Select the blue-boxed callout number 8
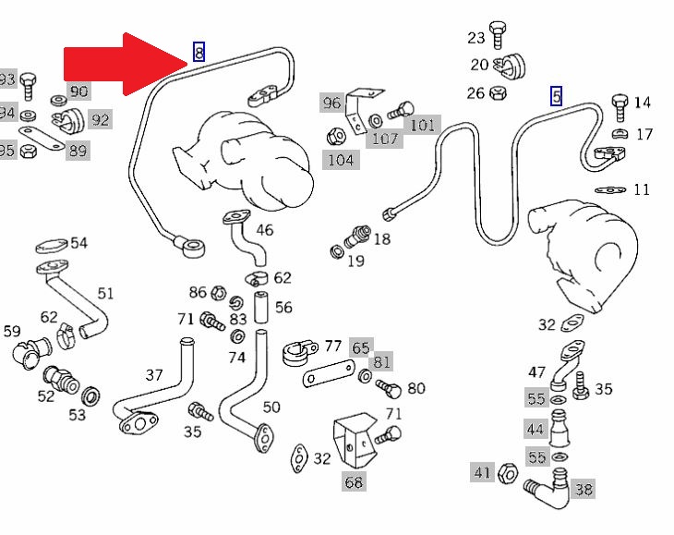pos(199,53)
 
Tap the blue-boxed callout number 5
pos(556,95)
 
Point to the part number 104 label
pos(340,160)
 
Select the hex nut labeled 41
pos(507,474)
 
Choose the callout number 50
pos(271,407)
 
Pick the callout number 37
pos(153,375)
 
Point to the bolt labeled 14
pos(620,103)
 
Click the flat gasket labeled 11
pos(608,189)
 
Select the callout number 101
pos(422,125)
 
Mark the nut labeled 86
pos(219,293)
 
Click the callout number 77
pos(332,347)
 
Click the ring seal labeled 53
pos(91,397)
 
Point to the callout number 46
pos(264,229)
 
